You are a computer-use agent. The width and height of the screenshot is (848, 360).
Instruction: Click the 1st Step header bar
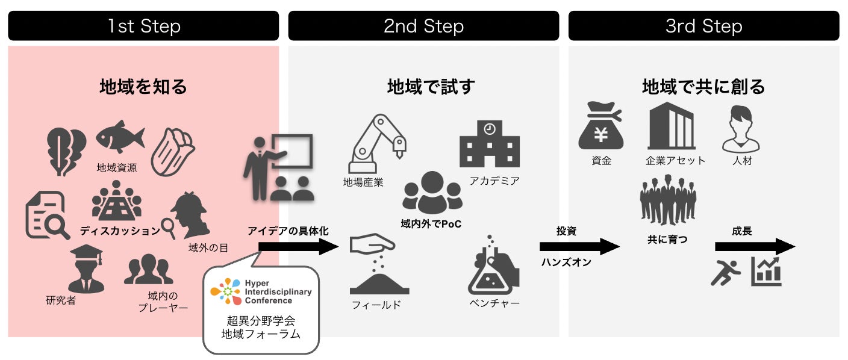(x=143, y=26)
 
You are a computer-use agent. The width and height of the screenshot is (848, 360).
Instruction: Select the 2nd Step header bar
(x=423, y=26)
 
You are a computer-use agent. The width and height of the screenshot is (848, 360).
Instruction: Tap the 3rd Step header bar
(x=703, y=26)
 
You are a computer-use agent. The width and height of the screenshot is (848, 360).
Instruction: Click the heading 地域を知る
(x=143, y=87)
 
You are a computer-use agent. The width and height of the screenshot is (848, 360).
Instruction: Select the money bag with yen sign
(x=600, y=128)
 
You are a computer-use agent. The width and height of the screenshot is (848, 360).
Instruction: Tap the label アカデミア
(x=494, y=181)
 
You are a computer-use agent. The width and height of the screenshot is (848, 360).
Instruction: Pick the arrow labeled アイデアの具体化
(x=299, y=246)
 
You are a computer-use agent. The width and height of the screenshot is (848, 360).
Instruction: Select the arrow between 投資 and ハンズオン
(x=579, y=246)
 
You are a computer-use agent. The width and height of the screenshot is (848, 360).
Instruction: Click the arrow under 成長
(x=755, y=246)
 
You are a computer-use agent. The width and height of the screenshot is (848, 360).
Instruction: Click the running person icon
(x=726, y=272)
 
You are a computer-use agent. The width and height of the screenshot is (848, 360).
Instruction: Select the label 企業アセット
(x=675, y=161)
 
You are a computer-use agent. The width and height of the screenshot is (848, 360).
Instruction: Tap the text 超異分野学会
(x=260, y=320)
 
